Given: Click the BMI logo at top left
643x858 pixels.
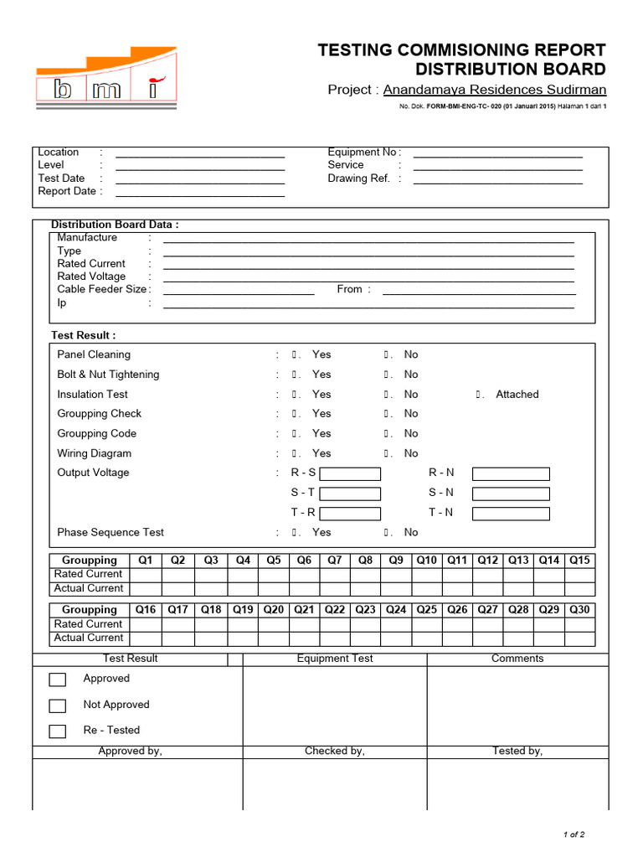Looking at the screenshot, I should point(105,78).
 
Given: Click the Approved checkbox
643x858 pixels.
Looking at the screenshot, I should point(57,680).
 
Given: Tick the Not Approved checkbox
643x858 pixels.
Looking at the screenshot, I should point(57,706).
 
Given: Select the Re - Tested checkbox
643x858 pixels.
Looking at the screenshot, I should point(57,731).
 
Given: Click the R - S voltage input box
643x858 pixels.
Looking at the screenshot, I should point(350,473).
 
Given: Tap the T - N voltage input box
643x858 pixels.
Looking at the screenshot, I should point(511,514).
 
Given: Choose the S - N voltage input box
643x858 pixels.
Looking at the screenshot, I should point(511,494).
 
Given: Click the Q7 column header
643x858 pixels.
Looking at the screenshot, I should point(335,561).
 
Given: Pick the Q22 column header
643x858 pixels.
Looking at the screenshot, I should point(335,610).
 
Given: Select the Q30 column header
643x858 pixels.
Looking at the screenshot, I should point(579,610).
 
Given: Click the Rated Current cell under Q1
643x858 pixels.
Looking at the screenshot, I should point(146,575).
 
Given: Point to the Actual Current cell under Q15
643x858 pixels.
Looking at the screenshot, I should point(579,588).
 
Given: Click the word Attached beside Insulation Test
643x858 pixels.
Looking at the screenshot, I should point(517,395).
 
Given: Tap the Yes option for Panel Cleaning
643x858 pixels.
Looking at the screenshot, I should point(321,355).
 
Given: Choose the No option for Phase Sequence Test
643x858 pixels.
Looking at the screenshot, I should point(410,533).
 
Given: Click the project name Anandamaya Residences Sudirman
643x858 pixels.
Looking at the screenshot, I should point(494,90).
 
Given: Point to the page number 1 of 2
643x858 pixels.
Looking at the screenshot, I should point(574,835).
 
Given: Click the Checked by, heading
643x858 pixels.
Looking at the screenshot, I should point(335,752).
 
